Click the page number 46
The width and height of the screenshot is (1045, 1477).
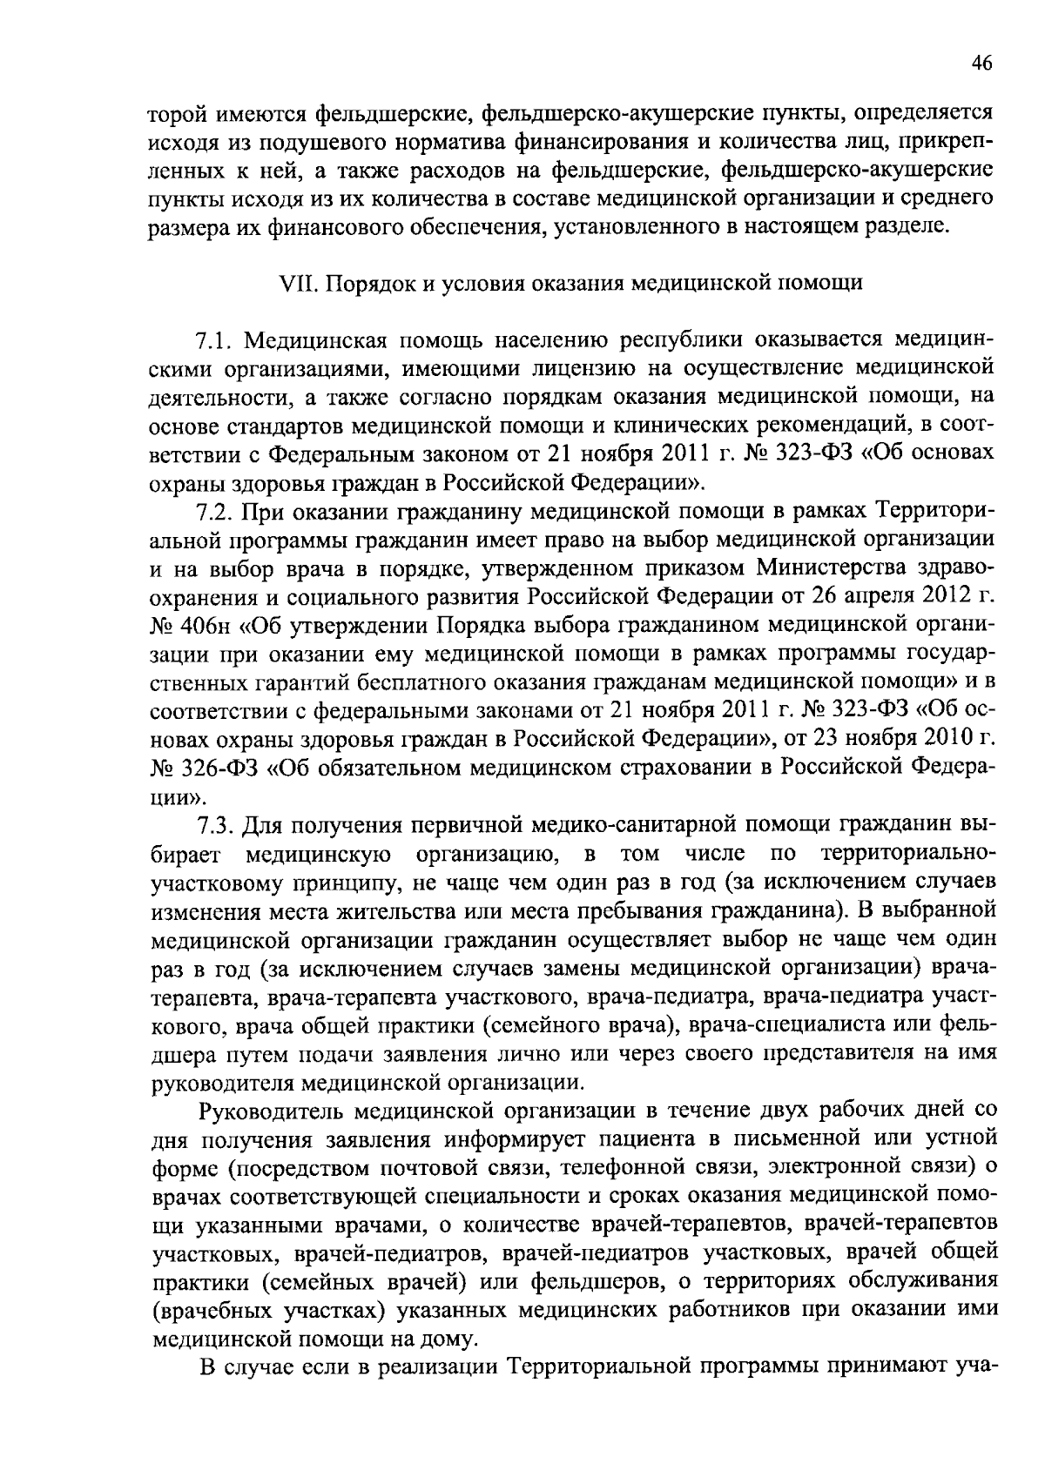click(x=981, y=63)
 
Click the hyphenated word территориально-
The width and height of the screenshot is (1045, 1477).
click(x=904, y=852)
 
